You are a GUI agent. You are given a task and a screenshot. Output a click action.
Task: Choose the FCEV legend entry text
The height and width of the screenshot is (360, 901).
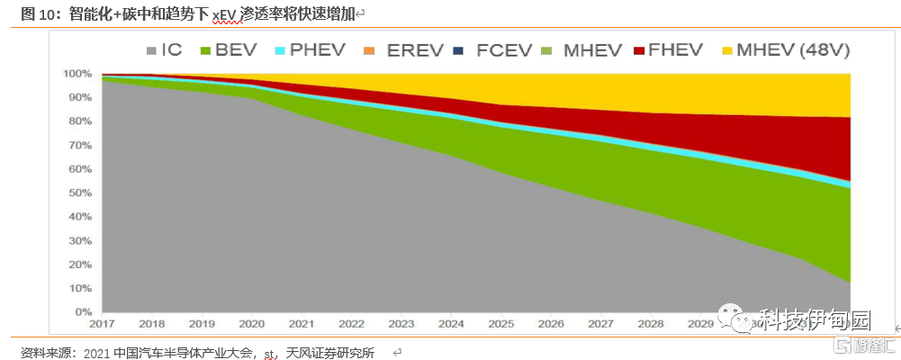point(506,50)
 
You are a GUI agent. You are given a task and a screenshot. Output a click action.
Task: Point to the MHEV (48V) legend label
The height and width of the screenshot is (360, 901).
point(793,50)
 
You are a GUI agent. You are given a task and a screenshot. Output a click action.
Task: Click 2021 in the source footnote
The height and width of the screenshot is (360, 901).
point(97,352)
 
